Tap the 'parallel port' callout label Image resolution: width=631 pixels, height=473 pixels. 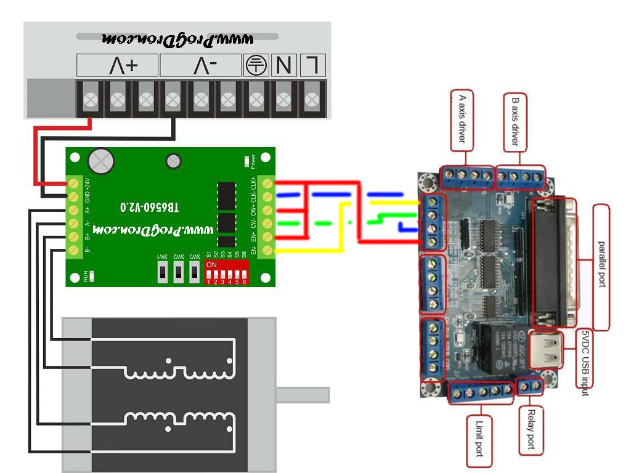pyautogui.click(x=601, y=267)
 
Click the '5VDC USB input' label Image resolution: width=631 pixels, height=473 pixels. pyautogui.click(x=585, y=363)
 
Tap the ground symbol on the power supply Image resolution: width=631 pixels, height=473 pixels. pyautogui.click(x=255, y=65)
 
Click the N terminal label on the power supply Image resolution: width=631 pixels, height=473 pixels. pyautogui.click(x=284, y=65)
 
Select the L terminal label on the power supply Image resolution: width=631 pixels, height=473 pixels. pyautogui.click(x=313, y=65)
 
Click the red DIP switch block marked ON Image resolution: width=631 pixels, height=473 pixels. pyautogui.click(x=226, y=272)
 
